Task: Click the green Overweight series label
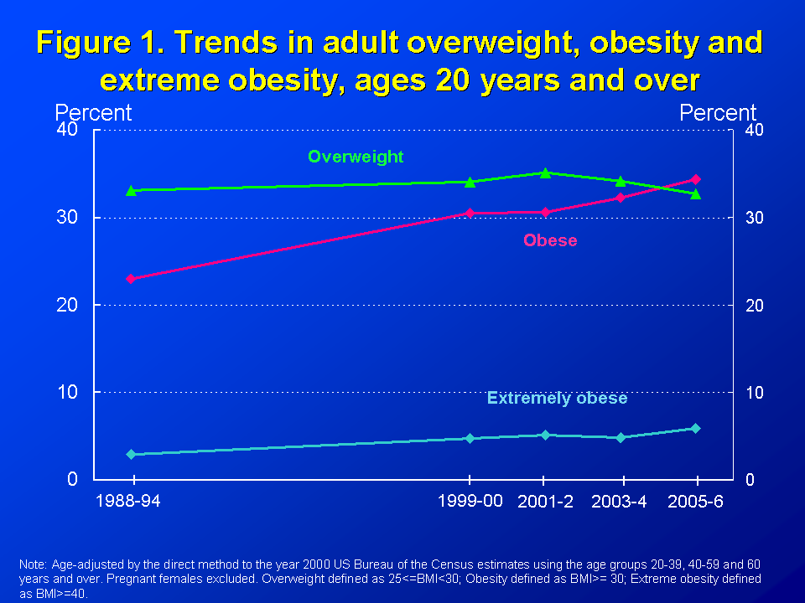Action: (356, 157)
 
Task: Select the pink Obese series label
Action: (550, 240)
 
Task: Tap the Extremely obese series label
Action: (557, 399)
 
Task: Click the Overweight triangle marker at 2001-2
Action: (545, 173)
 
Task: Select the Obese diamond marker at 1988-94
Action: (131, 279)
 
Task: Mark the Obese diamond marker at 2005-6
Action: (695, 179)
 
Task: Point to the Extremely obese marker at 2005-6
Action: (695, 428)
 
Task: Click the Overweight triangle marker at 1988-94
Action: (131, 191)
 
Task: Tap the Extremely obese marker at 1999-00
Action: (470, 438)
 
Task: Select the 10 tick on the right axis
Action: (754, 392)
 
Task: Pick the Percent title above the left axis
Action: (93, 113)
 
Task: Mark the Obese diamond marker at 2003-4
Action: (621, 198)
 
